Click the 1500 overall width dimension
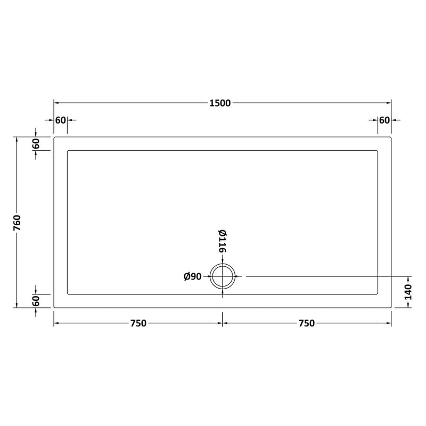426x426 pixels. click(220, 103)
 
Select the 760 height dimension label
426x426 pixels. click(17, 223)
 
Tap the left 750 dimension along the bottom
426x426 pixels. click(138, 323)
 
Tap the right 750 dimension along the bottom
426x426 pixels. click(307, 323)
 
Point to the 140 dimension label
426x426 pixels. click(408, 292)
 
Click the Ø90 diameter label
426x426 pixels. click(193, 276)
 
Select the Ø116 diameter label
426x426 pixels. click(222, 241)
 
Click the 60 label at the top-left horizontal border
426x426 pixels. click(60, 120)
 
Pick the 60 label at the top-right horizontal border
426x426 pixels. click(384, 120)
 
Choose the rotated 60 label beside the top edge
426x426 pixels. click(36, 143)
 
